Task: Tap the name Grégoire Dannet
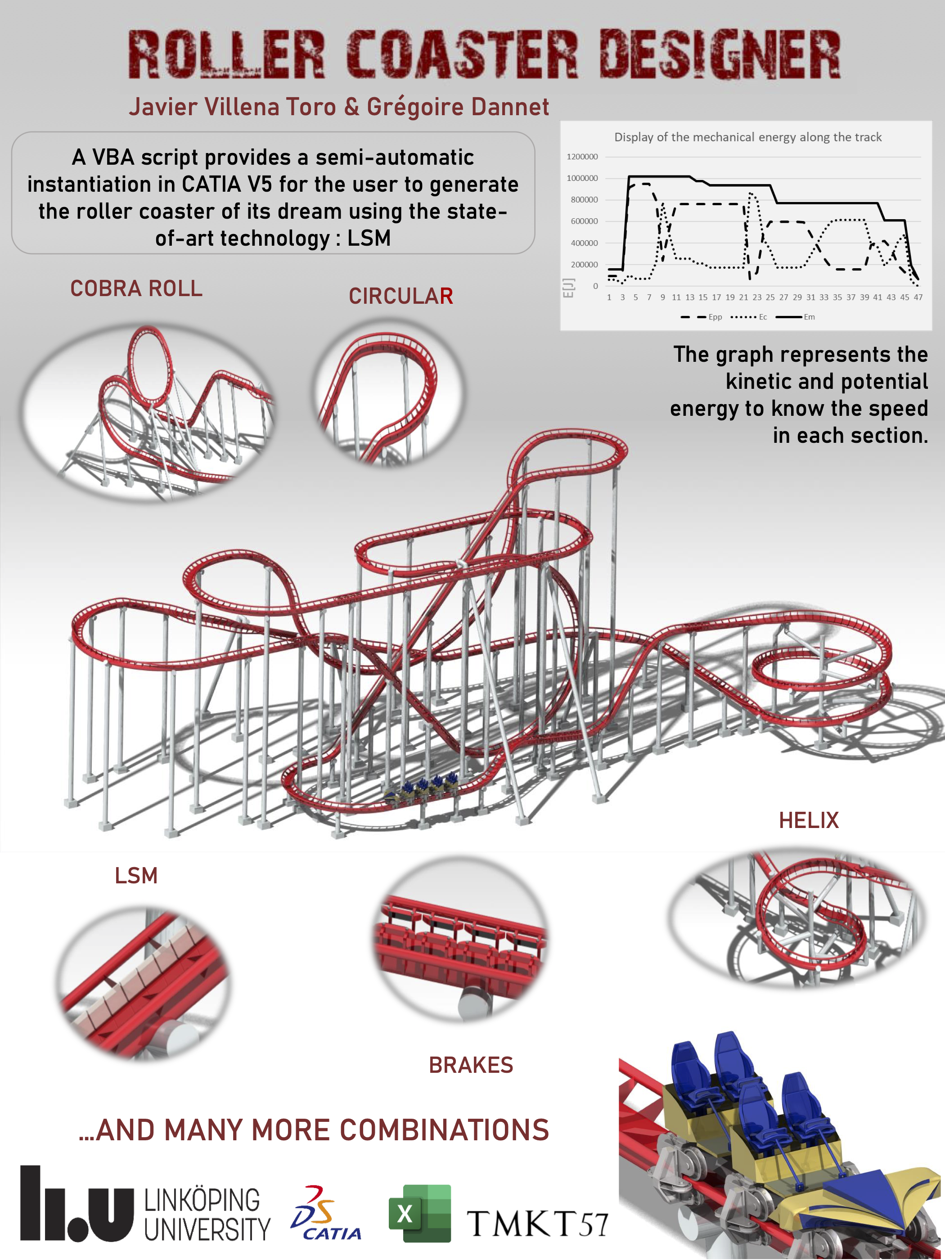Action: pyautogui.click(x=458, y=107)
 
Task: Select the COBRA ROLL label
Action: pyautogui.click(x=136, y=288)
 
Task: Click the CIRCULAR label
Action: pyautogui.click(x=401, y=296)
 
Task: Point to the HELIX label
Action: pyautogui.click(x=809, y=820)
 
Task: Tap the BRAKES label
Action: pyautogui.click(x=471, y=1065)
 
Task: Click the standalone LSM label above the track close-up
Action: pyautogui.click(x=136, y=876)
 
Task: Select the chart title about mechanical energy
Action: pyautogui.click(x=748, y=137)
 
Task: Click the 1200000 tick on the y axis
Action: pyautogui.click(x=582, y=157)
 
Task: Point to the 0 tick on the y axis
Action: pyautogui.click(x=595, y=286)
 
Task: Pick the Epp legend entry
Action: pyautogui.click(x=701, y=317)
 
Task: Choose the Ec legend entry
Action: pyautogui.click(x=749, y=317)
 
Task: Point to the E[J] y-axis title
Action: pyautogui.click(x=568, y=288)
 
